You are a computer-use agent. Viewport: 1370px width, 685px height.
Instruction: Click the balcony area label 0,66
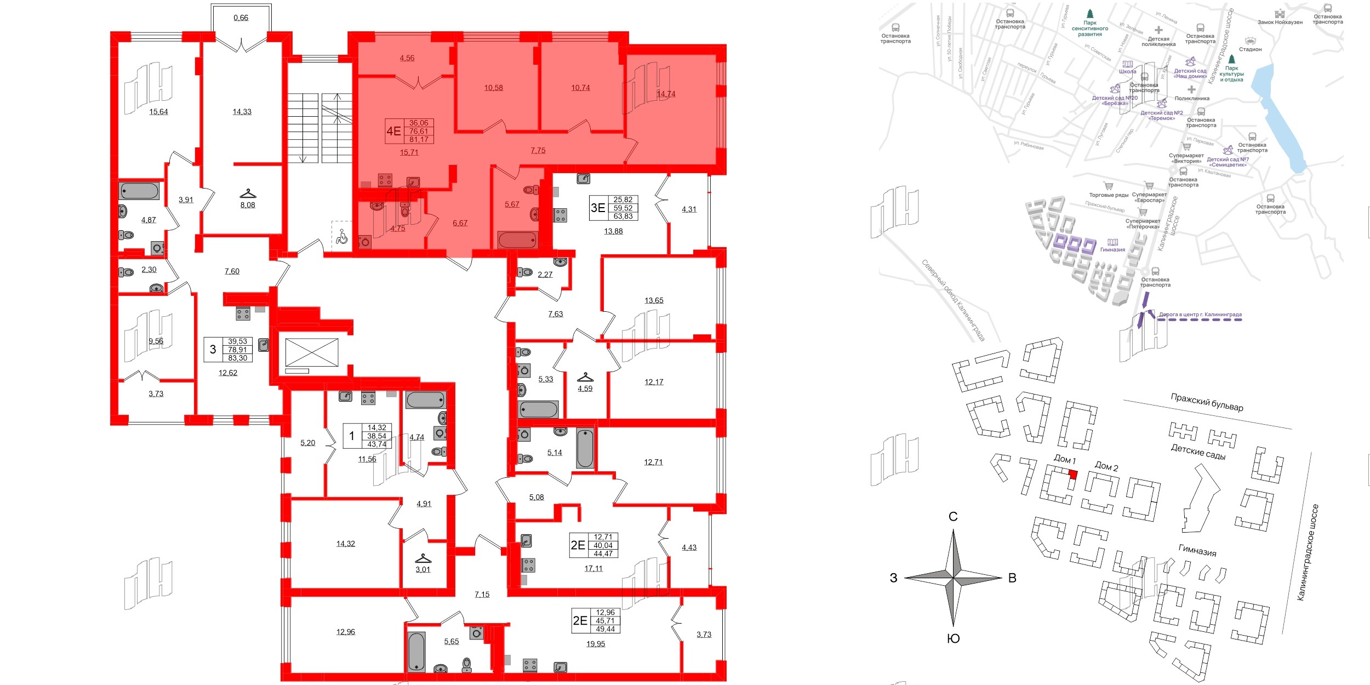point(241,18)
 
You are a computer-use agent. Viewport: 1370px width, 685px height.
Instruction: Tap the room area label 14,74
point(666,94)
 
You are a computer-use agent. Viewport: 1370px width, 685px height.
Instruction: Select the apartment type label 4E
point(393,131)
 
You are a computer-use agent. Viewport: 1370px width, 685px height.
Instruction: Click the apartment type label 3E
point(597,208)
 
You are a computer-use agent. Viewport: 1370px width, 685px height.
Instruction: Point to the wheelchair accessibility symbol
point(342,237)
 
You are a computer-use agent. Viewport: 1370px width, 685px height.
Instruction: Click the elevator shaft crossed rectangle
point(312,352)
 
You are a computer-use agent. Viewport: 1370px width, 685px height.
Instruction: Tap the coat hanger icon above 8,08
point(248,194)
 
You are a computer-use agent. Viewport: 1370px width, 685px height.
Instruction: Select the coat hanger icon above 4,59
point(585,378)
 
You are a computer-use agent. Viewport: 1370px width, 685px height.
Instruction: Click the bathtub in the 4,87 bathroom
point(139,191)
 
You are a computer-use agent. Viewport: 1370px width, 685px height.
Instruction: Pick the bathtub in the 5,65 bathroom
point(416,652)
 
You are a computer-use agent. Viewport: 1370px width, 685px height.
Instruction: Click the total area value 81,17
point(419,139)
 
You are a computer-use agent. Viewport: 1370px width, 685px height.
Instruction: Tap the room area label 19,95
point(596,644)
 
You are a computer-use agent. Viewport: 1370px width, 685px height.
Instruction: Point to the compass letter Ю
point(954,638)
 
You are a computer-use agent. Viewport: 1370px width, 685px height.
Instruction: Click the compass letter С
point(953,516)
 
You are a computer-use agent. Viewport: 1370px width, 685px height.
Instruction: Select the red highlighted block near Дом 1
point(1073,475)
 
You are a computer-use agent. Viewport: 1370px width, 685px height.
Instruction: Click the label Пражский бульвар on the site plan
point(1207,402)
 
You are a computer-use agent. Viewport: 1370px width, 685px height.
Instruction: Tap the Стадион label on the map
point(1250,49)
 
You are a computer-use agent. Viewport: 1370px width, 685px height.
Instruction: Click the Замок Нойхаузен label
point(1280,22)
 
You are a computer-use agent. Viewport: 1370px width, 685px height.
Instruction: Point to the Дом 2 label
point(1106,466)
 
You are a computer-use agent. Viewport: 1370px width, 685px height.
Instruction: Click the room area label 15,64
point(158,112)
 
